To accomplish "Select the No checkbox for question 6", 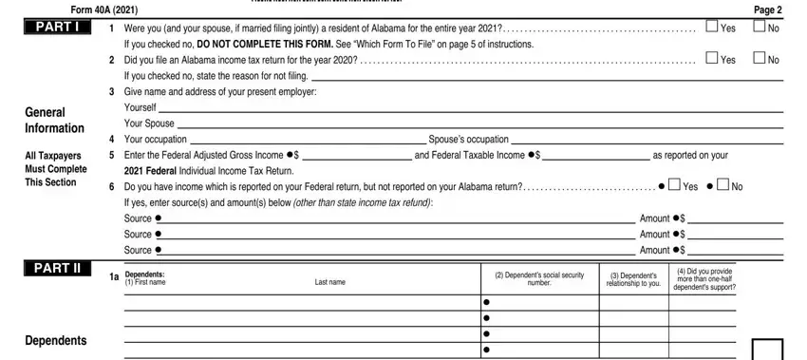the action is coord(724,185).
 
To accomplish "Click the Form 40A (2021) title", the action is coord(67,9).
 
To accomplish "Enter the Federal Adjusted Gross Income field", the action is coord(356,154).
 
